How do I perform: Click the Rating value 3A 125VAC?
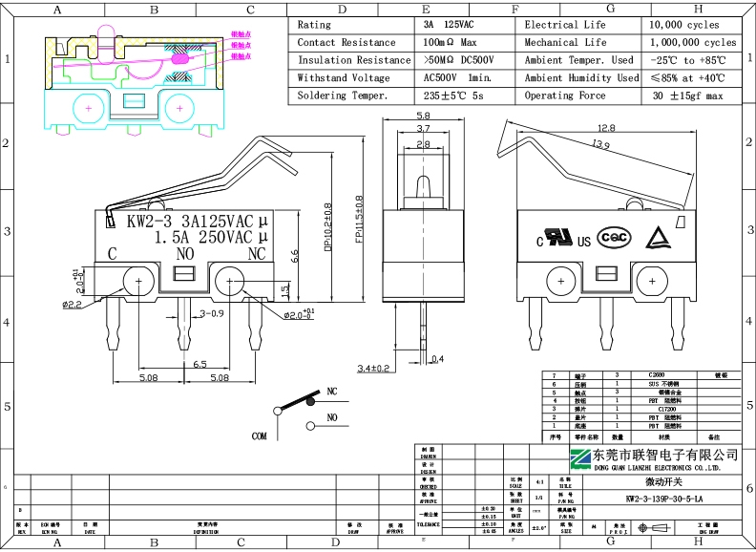[447, 25]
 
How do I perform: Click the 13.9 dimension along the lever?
[600, 145]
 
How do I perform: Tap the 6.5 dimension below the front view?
[200, 364]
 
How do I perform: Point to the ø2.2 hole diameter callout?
[71, 305]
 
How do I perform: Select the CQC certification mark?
[614, 238]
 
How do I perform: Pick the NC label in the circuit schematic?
[332, 392]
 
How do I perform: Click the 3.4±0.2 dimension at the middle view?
[373, 368]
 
